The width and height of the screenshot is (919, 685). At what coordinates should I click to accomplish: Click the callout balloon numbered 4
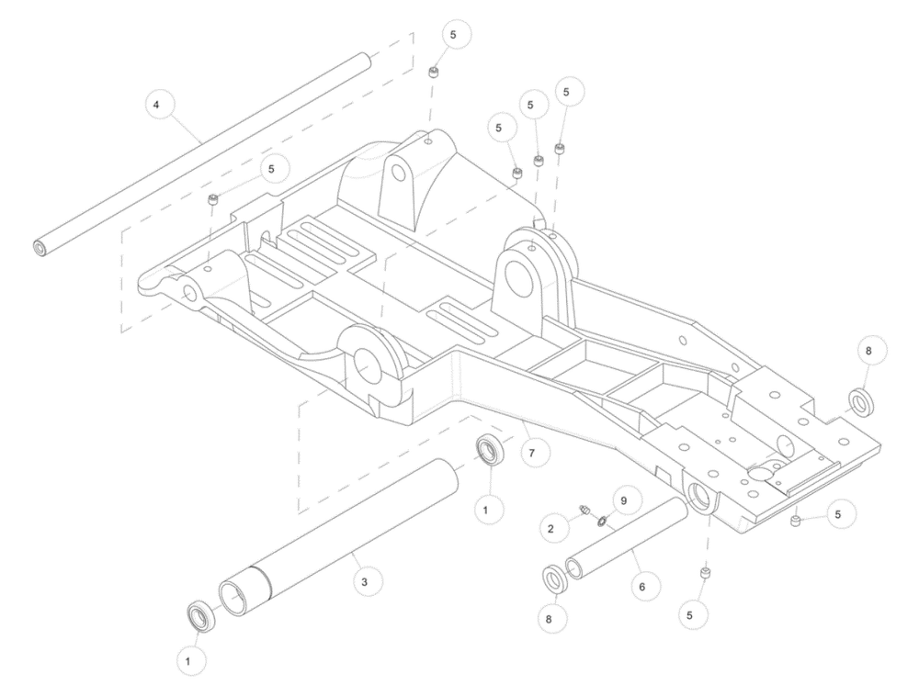point(156,106)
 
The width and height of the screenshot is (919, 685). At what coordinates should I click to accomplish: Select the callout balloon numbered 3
point(365,582)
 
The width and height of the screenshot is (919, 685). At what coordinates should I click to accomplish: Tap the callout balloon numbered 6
point(642,587)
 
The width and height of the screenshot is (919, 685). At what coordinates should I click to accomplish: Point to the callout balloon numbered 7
point(531,454)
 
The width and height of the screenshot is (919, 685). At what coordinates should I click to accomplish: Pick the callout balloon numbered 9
point(624,501)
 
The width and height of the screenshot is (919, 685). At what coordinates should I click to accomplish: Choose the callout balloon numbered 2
point(550,529)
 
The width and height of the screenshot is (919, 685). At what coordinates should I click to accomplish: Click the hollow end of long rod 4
point(40,248)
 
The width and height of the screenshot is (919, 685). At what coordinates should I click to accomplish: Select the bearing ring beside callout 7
point(490,450)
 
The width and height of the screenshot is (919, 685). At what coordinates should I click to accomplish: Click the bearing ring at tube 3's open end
point(201,616)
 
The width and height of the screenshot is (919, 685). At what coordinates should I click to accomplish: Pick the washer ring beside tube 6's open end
point(552,580)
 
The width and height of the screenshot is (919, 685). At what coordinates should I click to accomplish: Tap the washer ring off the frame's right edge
point(860,402)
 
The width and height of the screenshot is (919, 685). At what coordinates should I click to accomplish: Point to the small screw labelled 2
point(584,511)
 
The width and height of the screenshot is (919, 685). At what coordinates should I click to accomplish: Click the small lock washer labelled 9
point(601,520)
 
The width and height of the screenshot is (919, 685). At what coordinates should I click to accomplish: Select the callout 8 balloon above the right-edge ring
point(868,352)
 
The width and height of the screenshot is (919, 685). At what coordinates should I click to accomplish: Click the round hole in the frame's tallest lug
point(399,172)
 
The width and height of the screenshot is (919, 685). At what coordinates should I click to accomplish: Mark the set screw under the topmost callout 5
point(434,73)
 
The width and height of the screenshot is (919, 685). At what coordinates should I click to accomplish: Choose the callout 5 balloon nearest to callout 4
point(271,169)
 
